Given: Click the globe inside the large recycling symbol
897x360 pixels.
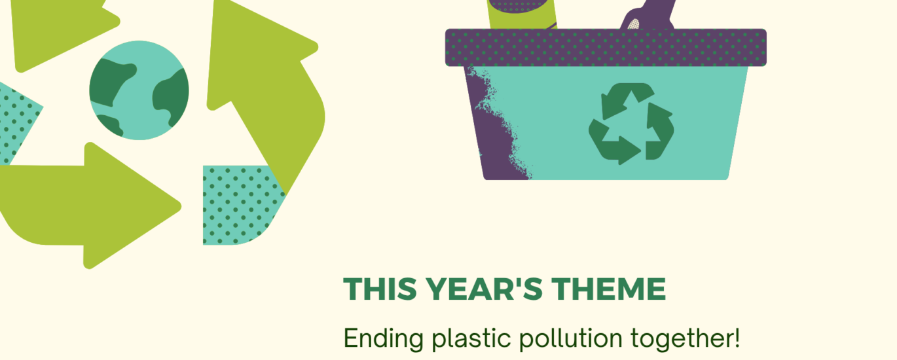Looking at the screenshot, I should coord(139,90).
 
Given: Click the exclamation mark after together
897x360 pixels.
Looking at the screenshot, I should coord(737,338).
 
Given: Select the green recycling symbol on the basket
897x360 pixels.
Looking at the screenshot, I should coord(631,124).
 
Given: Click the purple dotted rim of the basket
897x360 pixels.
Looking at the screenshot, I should coord(606,47).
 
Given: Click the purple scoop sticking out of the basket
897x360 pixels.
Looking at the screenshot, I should coord(645,16).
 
